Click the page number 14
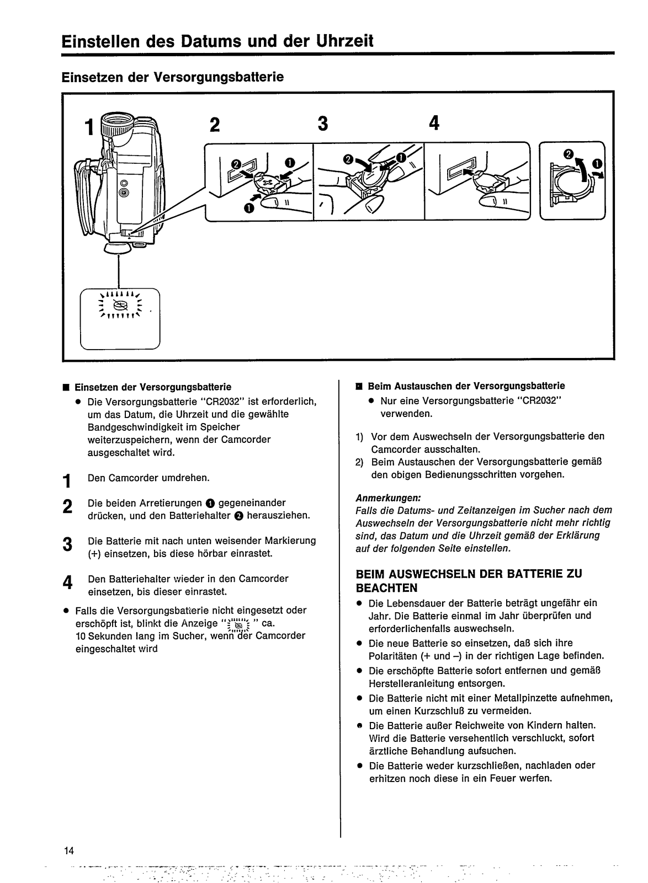[68, 849]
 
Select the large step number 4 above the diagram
[434, 124]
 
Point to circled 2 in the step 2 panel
[235, 163]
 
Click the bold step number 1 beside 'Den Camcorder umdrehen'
[67, 481]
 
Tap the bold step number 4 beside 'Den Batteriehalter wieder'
[67, 582]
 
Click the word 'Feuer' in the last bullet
[507, 778]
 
